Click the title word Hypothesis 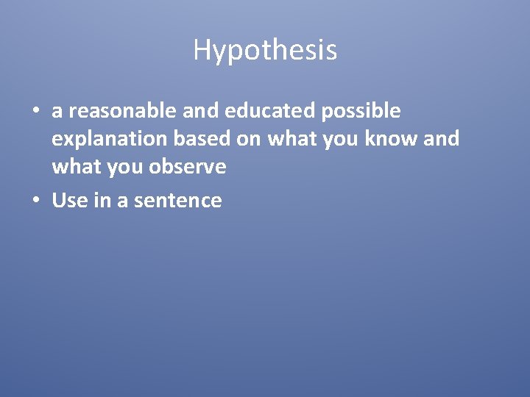[265, 50]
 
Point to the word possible [361, 112]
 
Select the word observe [187, 168]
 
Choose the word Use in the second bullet [70, 201]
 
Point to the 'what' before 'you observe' [76, 168]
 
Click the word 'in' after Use [101, 201]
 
